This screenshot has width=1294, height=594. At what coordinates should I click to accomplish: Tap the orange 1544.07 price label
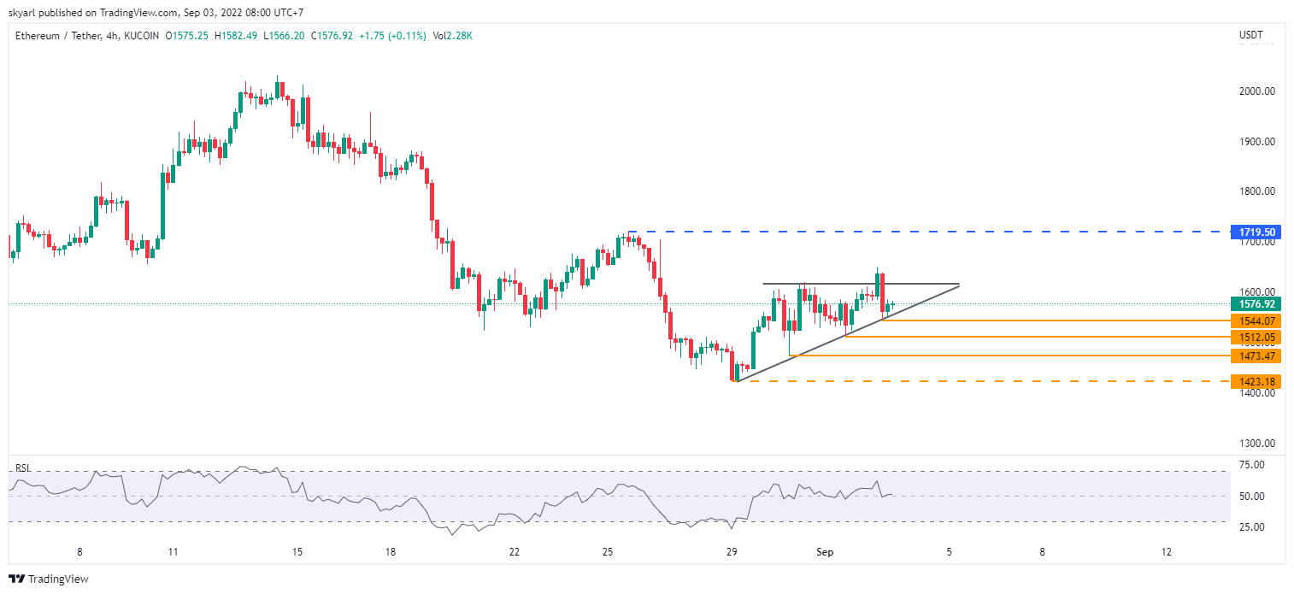point(1256,321)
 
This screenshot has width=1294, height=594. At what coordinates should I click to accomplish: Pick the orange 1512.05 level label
point(1256,338)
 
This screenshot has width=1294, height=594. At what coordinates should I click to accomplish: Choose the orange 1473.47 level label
point(1256,356)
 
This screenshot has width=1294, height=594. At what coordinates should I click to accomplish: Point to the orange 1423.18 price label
point(1256,381)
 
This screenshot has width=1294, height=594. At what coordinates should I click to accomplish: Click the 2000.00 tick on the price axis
point(1257,91)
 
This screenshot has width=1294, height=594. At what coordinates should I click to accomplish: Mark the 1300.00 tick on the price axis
point(1257,444)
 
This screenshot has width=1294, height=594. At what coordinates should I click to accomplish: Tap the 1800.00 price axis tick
point(1257,191)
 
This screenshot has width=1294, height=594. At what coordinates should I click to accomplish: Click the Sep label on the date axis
point(825,552)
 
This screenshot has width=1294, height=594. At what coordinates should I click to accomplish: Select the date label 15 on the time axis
point(297,552)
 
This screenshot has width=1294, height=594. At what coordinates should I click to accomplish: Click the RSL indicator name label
point(23,468)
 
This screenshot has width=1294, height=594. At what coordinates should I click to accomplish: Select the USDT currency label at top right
point(1250,35)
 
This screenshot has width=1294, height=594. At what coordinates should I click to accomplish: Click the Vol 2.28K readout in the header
point(453,36)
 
